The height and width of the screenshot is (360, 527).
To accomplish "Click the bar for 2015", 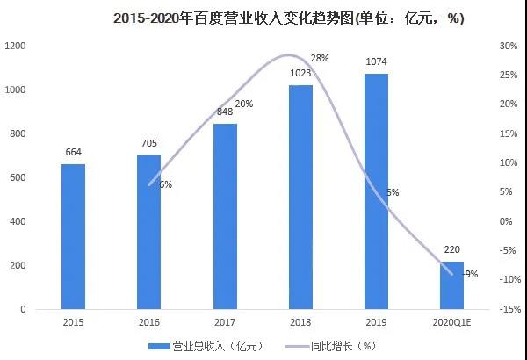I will pyautogui.click(x=73, y=236).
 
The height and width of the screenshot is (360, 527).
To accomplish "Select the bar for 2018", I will pyautogui.click(x=300, y=197).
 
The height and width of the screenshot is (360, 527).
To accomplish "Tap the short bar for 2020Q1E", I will pyautogui.click(x=452, y=285).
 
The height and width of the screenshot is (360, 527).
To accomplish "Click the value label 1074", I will pyautogui.click(x=376, y=63).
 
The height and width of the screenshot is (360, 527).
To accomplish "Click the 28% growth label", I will pyautogui.click(x=320, y=58).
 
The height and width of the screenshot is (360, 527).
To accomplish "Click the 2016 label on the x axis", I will pyautogui.click(x=148, y=322).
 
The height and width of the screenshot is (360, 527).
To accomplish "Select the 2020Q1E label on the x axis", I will pyautogui.click(x=452, y=322).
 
